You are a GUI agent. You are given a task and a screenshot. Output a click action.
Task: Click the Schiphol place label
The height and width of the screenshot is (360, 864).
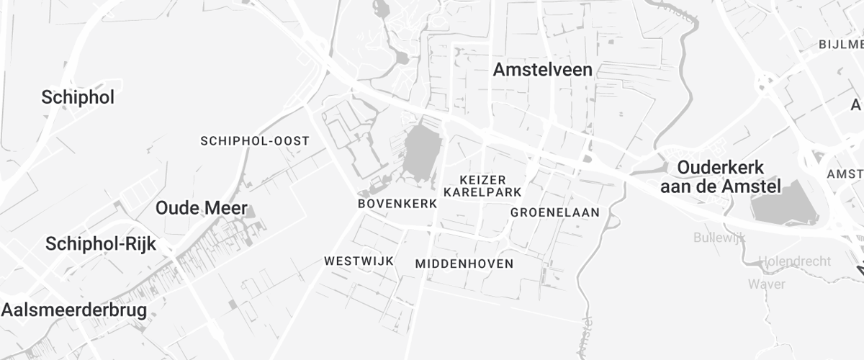tap(78, 98)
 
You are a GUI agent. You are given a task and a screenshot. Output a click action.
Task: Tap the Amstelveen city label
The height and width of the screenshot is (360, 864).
tap(543, 70)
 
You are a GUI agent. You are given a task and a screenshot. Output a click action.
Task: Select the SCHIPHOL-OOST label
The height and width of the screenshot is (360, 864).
tap(255, 140)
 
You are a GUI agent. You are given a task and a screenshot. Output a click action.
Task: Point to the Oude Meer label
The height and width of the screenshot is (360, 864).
tap(202, 209)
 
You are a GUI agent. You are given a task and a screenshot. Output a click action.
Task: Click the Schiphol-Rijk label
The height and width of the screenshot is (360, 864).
tap(101, 243)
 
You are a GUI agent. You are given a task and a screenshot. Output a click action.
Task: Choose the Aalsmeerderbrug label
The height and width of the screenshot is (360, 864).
tap(74, 310)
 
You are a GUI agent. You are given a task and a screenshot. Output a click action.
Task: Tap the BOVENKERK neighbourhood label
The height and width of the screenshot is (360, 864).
tap(397, 204)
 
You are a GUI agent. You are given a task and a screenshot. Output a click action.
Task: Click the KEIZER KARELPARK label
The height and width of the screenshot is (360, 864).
tap(483, 186)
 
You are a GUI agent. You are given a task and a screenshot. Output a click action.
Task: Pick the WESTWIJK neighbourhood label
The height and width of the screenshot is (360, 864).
tap(359, 261)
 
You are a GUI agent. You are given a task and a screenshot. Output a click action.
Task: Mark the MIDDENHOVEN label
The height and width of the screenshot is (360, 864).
tap(464, 264)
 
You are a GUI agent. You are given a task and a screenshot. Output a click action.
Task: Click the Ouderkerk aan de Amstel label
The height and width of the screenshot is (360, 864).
tap(721, 177)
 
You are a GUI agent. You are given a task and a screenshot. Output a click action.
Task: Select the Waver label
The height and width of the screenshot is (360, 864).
tap(766, 284)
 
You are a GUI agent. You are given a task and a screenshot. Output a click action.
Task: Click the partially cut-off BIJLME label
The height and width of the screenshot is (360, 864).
tap(841, 45)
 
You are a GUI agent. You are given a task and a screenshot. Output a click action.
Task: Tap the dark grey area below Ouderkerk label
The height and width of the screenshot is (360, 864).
tap(784, 204)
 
